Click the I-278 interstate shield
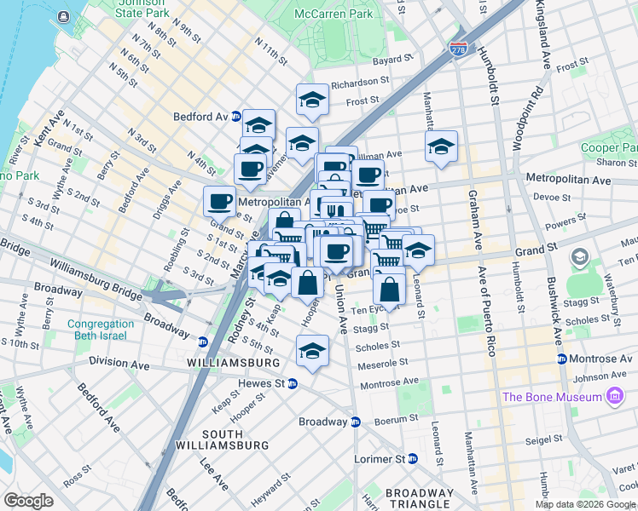click(x=459, y=50)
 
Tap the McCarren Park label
click(x=333, y=14)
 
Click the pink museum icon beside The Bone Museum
click(x=614, y=396)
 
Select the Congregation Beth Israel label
click(x=101, y=330)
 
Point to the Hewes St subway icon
click(x=292, y=384)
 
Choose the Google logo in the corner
click(x=28, y=501)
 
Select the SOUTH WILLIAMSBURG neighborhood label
click(x=210, y=439)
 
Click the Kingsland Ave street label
click(x=542, y=35)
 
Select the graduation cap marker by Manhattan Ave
click(x=441, y=146)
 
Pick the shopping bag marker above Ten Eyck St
click(x=389, y=289)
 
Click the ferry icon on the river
click(x=64, y=16)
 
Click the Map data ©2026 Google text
click(x=585, y=504)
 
